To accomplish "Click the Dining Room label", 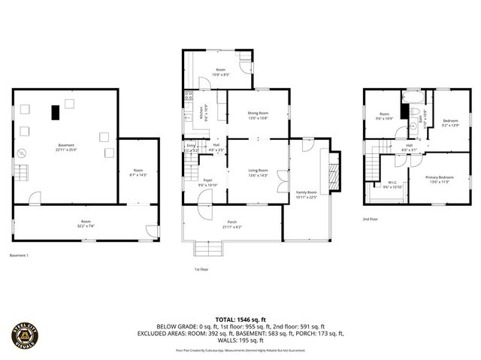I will tap(258, 113).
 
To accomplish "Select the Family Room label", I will tap(306, 193).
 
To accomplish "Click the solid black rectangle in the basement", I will tap(56, 113).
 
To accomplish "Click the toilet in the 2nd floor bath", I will tap(416, 112).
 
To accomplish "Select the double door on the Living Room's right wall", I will tap(281, 179).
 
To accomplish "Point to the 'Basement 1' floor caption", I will tap(19, 256).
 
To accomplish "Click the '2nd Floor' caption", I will tap(371, 219).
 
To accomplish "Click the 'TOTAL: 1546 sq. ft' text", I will tap(240, 320).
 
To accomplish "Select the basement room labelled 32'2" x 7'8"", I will tap(86, 222).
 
